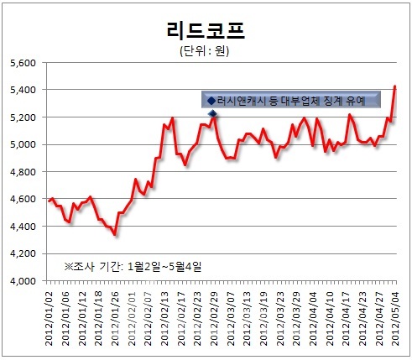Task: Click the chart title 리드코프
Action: pyautogui.click(x=206, y=30)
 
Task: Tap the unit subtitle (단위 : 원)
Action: pyautogui.click(x=205, y=51)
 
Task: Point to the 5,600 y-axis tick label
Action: pyautogui.click(x=23, y=63)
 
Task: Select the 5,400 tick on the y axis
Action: pyautogui.click(x=23, y=90)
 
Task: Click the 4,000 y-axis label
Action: pyautogui.click(x=23, y=281)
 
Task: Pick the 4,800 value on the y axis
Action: pyautogui.click(x=23, y=172)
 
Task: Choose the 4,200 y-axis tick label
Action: pyautogui.click(x=23, y=253)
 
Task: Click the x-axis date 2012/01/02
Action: pyautogui.click(x=49, y=319)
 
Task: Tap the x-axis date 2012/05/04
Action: pyautogui.click(x=395, y=319)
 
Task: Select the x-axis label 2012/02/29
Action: pyautogui.click(x=214, y=319)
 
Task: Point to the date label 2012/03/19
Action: pyautogui.click(x=263, y=319)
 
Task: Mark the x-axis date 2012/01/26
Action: pyautogui.click(x=115, y=319)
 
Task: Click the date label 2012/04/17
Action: pyautogui.click(x=346, y=319)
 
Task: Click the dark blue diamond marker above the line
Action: pyautogui.click(x=213, y=113)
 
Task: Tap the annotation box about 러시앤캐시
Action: pyautogui.click(x=291, y=100)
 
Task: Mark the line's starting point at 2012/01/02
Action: pyautogui.click(x=49, y=201)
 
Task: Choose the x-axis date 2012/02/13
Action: pyautogui.click(x=164, y=319)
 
